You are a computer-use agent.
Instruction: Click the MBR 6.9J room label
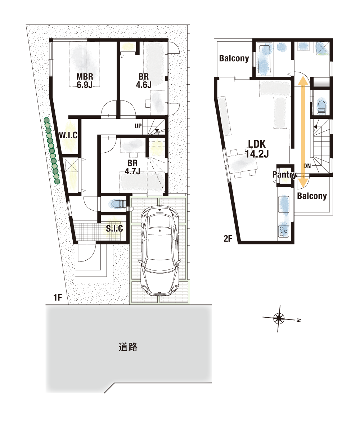point(85,81)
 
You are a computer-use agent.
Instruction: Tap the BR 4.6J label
point(144,81)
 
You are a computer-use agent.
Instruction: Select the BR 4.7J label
point(132,167)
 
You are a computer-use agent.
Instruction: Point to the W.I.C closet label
point(68,135)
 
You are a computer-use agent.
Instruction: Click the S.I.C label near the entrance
point(114,228)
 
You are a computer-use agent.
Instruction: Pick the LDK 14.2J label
point(257,149)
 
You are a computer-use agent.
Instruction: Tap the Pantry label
point(284,175)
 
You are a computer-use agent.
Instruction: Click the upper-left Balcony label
point(234,58)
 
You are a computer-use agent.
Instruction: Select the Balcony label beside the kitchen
point(312,196)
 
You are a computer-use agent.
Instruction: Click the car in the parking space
point(160,250)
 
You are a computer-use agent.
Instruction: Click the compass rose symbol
point(279,319)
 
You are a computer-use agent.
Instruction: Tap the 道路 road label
point(128,347)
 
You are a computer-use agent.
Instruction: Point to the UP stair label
point(138,126)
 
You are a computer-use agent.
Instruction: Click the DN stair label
point(307,166)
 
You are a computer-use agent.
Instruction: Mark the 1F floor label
point(58,297)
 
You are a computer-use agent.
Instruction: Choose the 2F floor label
point(228,238)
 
